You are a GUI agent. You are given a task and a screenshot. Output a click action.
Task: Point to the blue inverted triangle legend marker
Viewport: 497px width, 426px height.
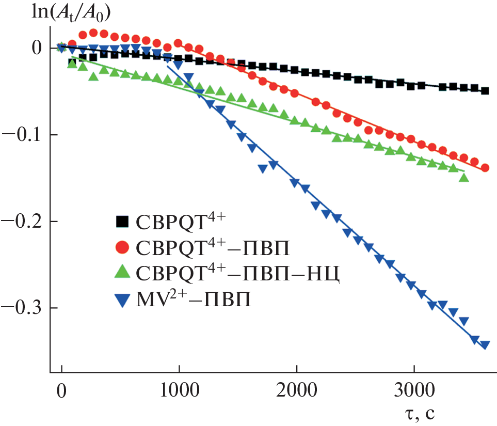(122, 299)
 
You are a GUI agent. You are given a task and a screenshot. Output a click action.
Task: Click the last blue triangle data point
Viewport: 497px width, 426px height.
(485, 345)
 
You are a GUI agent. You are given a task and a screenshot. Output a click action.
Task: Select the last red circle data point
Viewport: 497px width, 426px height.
(485, 168)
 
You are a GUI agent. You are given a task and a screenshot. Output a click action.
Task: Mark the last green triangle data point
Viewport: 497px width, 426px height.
(463, 178)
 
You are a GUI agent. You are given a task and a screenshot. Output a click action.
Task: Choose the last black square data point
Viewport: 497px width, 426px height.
(485, 91)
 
